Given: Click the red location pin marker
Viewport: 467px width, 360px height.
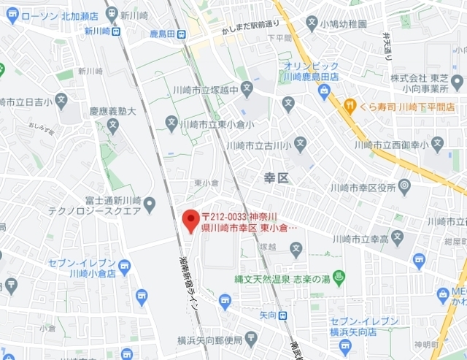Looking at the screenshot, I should tap(190, 220).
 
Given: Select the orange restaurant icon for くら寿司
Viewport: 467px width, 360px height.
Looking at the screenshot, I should tap(350, 107).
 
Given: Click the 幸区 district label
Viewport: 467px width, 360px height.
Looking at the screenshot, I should tap(277, 177).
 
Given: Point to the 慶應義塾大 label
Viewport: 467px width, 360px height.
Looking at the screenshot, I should tap(112, 112).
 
